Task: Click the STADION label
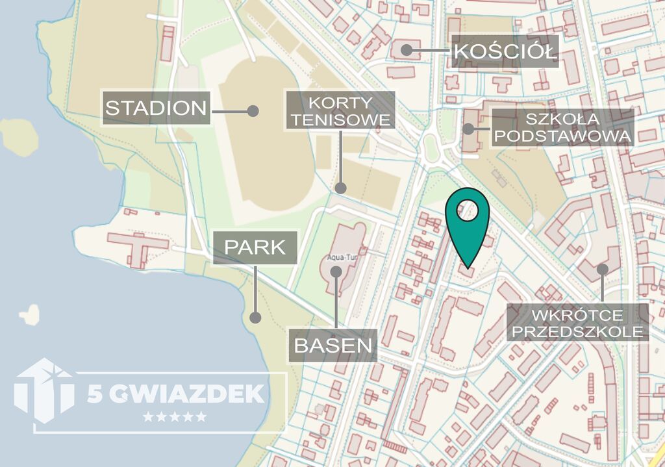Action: tap(157, 108)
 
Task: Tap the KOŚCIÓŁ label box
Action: tap(504, 51)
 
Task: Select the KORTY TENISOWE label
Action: tap(340, 111)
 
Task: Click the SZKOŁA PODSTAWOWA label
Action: tap(562, 127)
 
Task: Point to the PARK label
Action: tap(255, 247)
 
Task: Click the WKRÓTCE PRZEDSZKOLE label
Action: tap(578, 323)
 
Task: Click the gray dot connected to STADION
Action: tap(253, 111)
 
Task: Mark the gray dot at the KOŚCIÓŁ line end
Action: tap(407, 49)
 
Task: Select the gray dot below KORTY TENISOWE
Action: tap(340, 188)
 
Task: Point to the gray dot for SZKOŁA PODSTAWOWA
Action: tap(469, 129)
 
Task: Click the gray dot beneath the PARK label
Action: tap(255, 318)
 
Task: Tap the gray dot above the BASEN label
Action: tap(336, 271)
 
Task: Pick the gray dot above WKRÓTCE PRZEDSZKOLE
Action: tap(603, 268)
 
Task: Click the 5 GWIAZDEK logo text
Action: tap(175, 393)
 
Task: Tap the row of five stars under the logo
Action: tap(174, 416)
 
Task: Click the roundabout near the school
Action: tap(431, 150)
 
